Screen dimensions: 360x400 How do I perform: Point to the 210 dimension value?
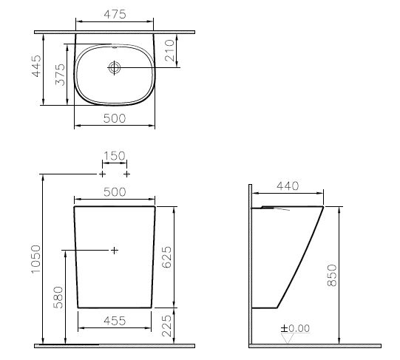click(x=170, y=51)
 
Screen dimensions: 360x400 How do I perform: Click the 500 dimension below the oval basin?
click(x=114, y=118)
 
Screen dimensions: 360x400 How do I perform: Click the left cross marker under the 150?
click(x=101, y=174)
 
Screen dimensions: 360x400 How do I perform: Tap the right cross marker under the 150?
click(x=127, y=174)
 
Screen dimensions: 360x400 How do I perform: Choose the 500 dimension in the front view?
click(x=115, y=191)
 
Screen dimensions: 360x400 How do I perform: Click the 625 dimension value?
click(x=168, y=255)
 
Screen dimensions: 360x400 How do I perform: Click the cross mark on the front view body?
click(x=114, y=251)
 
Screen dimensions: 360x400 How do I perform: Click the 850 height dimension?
click(x=333, y=275)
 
